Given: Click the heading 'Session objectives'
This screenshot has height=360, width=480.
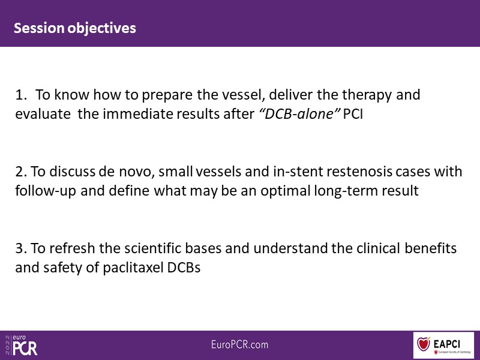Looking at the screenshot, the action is tap(74, 28).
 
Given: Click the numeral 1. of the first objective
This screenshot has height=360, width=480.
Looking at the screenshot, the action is tap(21, 95).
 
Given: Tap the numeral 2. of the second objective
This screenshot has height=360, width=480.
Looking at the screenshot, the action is tap(22, 172).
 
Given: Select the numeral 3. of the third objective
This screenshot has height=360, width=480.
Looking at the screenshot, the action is tap(22, 248).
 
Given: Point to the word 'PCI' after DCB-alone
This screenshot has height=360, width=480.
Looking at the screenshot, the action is tap(353, 114).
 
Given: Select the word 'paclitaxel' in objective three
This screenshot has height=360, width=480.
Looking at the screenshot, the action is tap(133, 268).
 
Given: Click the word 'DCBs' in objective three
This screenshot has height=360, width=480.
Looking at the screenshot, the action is tap(184, 268).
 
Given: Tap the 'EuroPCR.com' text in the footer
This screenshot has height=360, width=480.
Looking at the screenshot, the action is tap(239, 344).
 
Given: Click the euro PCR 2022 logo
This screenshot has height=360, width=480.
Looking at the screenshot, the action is tap(21, 346).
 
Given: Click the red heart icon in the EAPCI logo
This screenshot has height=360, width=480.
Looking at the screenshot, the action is tap(424, 344).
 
